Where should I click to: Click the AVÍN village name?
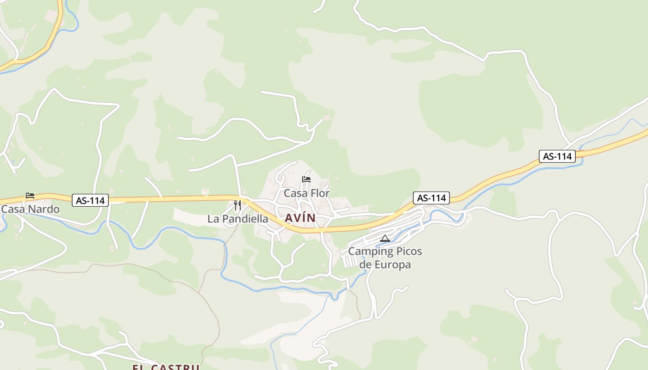(300, 218)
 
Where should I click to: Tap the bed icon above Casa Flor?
(306, 179)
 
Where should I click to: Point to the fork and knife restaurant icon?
(237, 205)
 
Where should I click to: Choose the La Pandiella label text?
(237, 219)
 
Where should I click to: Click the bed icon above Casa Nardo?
(30, 196)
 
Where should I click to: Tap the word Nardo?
(44, 209)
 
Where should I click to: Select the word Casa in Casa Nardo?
(13, 209)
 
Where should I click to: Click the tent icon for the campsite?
(385, 239)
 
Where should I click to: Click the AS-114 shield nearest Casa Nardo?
(90, 201)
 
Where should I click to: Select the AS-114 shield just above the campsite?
(431, 198)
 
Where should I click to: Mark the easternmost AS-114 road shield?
(557, 156)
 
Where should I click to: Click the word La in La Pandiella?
(213, 219)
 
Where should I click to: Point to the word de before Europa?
(365, 265)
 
